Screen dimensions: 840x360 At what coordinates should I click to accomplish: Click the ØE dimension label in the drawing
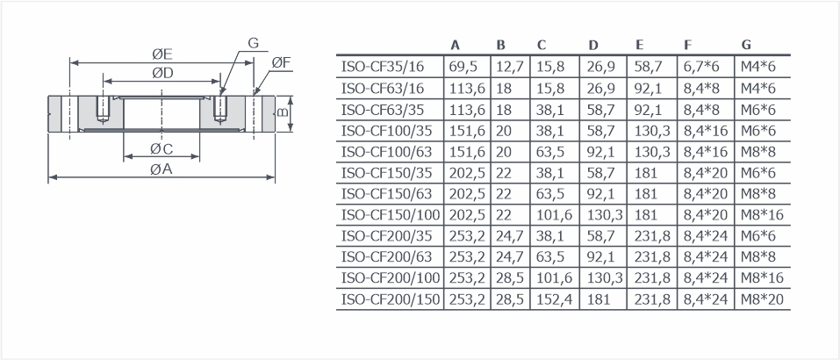coord(162,54)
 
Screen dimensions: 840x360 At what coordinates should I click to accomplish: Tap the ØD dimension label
coord(162,74)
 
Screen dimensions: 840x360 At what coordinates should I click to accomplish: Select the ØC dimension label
coord(162,148)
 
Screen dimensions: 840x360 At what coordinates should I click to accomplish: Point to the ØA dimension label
coord(162,169)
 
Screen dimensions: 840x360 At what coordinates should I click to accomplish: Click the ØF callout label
coord(281,63)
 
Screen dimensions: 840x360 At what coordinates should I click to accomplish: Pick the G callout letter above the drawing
coord(253,43)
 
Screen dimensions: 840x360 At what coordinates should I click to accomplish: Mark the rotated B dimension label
coord(284,113)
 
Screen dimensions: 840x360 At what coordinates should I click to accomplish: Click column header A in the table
coord(456,45)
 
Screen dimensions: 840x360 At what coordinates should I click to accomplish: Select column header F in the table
coord(687,45)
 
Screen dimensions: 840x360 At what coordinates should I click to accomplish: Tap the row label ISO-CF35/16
coord(383,67)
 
